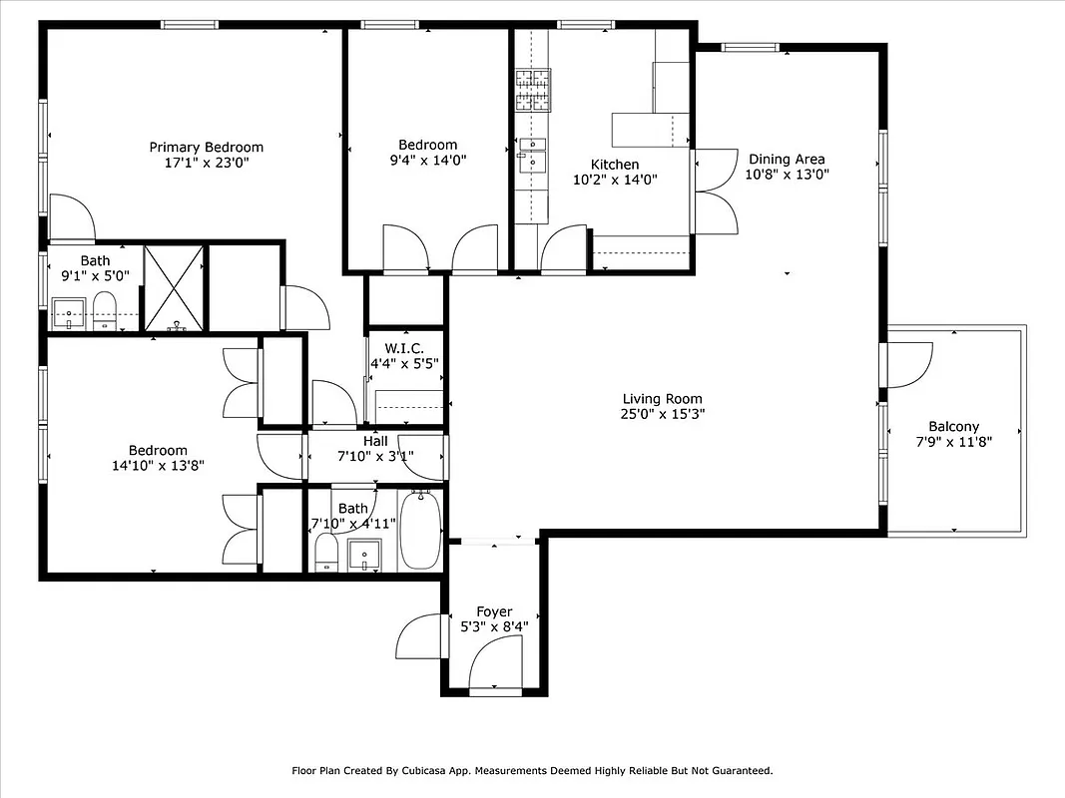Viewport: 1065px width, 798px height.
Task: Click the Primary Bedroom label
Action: click(x=207, y=147)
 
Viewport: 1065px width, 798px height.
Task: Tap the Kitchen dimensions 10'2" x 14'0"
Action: click(x=614, y=180)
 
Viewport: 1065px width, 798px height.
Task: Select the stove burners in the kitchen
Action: click(x=532, y=89)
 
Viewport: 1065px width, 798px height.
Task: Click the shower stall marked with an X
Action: click(x=174, y=286)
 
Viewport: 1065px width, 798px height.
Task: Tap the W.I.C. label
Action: click(x=404, y=348)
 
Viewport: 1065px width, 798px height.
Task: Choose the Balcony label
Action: click(x=953, y=426)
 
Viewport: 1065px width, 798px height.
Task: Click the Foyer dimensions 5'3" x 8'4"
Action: click(x=494, y=627)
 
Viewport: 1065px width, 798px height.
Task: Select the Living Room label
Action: click(x=662, y=398)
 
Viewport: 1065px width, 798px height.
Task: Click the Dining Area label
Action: click(x=787, y=159)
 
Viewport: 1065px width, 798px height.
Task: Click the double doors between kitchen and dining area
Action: click(x=713, y=192)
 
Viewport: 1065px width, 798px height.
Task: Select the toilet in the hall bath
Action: click(x=326, y=554)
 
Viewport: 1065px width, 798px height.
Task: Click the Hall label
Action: click(x=375, y=441)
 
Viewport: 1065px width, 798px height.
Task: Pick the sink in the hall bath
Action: click(x=364, y=554)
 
